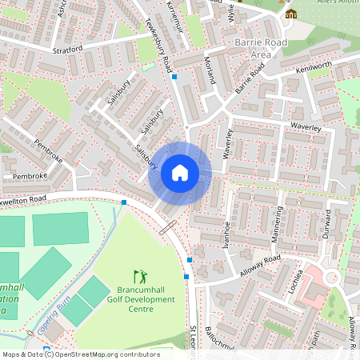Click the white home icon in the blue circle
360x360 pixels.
tap(180, 173)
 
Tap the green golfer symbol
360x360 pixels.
tap(141, 275)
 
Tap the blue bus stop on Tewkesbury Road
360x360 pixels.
tap(174, 77)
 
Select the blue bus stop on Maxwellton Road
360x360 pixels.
tap(124, 202)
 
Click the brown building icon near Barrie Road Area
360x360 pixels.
tap(290, 14)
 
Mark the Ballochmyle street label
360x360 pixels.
tap(219, 346)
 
